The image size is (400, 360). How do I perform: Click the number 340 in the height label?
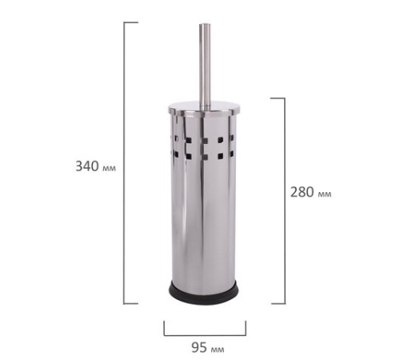point(87,166)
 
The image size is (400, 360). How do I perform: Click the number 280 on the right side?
point(302,192)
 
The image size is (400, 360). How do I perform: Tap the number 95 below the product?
point(199,347)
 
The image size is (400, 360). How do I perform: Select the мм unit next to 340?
point(109,168)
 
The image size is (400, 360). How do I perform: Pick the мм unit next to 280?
point(325,194)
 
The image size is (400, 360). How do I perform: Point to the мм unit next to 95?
point(218,350)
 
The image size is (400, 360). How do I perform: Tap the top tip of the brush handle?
point(206,25)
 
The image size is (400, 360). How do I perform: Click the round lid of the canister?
point(205,108)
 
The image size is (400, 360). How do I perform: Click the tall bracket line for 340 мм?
point(124,163)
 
